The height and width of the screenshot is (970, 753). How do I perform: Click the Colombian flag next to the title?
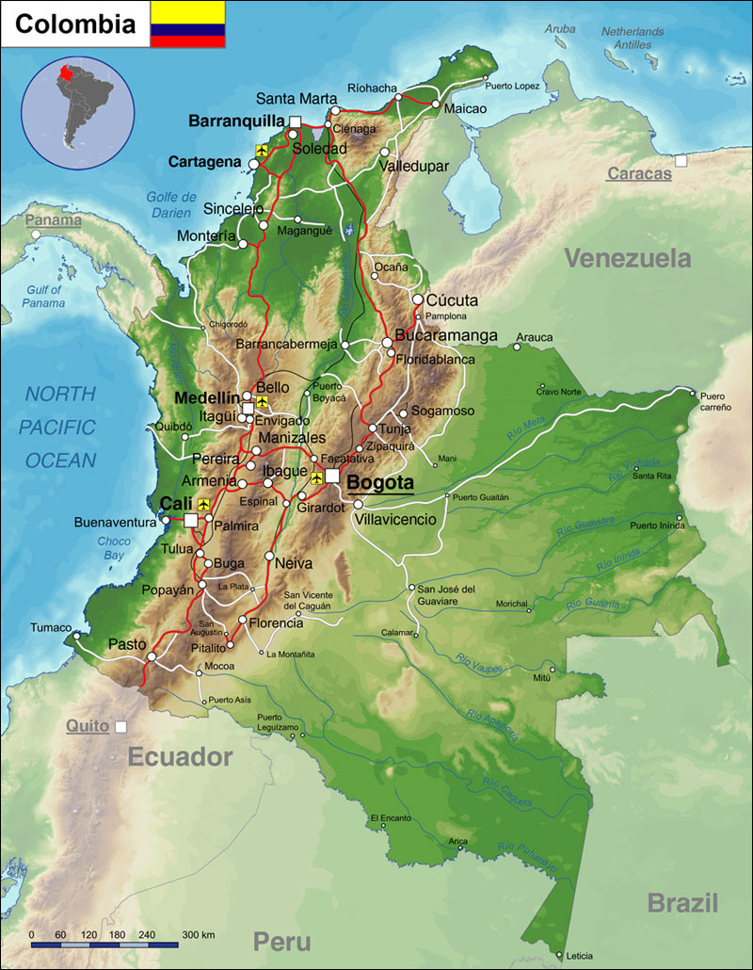(187, 24)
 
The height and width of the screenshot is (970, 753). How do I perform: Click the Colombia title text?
(75, 24)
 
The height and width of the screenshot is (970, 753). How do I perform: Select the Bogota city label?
(380, 482)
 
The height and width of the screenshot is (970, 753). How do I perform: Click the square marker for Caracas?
(681, 161)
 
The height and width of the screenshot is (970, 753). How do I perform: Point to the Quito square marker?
(120, 727)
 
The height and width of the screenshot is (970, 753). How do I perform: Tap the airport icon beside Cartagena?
(262, 150)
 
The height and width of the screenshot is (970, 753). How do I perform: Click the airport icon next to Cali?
(202, 504)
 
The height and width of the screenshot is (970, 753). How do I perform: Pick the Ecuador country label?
(180, 756)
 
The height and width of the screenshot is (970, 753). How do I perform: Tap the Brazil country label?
(682, 902)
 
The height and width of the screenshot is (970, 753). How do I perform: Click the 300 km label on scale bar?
(199, 934)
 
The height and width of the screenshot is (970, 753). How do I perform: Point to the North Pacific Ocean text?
(60, 427)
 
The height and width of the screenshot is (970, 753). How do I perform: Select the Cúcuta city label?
(453, 300)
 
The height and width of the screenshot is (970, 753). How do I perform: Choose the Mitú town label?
(541, 677)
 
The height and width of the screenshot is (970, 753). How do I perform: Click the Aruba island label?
(559, 29)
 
